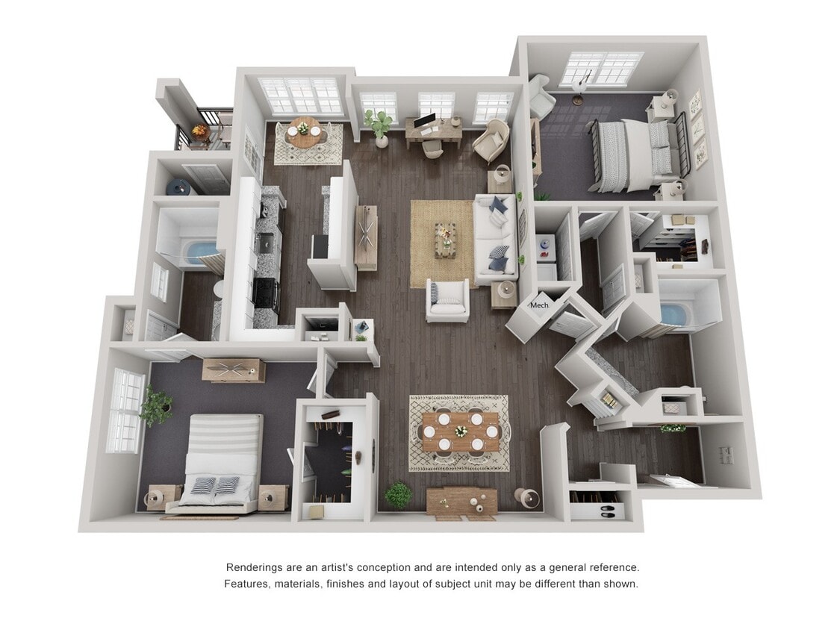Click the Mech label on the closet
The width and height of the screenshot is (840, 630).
pyautogui.click(x=539, y=305)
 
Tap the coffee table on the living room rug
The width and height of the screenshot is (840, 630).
pyautogui.click(x=445, y=240)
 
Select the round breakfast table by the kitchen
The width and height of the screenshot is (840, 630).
pyautogui.click(x=303, y=132)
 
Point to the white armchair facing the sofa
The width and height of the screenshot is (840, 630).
pyautogui.click(x=447, y=301)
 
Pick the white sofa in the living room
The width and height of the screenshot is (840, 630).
pyautogui.click(x=496, y=239)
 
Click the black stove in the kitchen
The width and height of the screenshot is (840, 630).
pyautogui.click(x=267, y=293)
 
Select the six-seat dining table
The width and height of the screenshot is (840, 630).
pyautogui.click(x=460, y=431)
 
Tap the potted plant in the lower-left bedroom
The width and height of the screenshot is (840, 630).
pyautogui.click(x=156, y=405)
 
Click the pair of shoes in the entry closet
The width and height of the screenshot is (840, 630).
pyautogui.click(x=608, y=511)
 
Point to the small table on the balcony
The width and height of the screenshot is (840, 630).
pyautogui.click(x=200, y=132)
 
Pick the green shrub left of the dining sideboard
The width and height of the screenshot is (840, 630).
pyautogui.click(x=399, y=494)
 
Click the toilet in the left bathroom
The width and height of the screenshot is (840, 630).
pyautogui.click(x=219, y=289)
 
